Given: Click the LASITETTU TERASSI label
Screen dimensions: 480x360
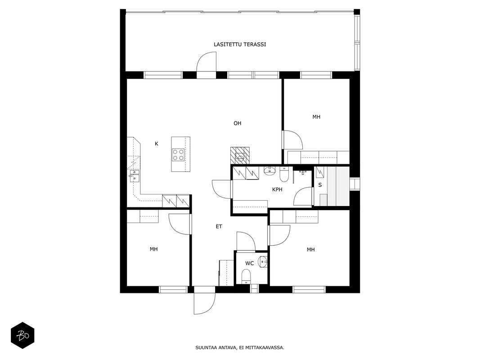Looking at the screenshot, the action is point(240,45).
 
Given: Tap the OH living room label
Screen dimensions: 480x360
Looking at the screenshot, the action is point(237,123).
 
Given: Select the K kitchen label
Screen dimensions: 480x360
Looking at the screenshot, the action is point(157,144).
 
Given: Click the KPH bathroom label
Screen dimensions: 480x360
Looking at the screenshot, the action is point(277,189).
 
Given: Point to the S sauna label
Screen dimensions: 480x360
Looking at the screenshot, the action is point(320,185).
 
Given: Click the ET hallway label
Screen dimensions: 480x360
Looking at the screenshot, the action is point(219,226).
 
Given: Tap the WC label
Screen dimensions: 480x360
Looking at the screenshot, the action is point(250,263).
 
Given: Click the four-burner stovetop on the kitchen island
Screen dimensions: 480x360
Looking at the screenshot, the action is point(178,154).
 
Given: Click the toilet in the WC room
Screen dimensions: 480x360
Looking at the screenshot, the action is point(246,276).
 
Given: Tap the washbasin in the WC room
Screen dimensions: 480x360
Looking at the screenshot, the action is point(263,262).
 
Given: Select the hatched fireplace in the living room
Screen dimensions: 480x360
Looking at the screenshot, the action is point(240,156).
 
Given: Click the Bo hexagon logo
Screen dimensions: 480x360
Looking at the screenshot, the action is point(22,336).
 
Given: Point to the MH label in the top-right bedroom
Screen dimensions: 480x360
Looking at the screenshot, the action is point(316,117).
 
